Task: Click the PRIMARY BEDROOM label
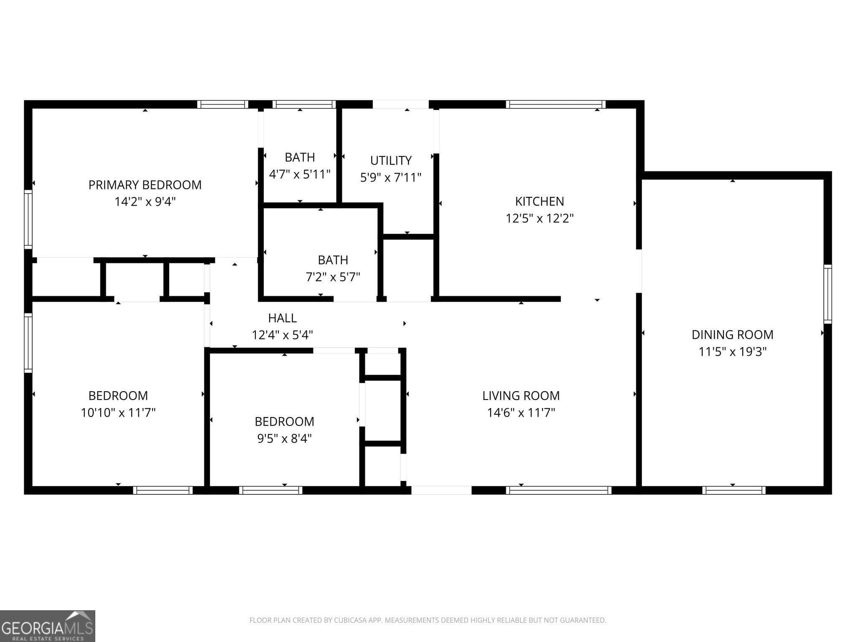145,185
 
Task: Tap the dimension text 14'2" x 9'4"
145,202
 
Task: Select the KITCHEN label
539,201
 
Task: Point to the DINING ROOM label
732,334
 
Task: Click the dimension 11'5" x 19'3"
732,352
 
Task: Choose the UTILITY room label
391,160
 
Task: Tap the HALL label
283,318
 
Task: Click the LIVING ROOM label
521,395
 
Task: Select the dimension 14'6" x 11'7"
521,413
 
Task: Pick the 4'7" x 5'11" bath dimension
300,174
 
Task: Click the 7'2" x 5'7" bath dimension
333,277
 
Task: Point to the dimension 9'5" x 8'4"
284,438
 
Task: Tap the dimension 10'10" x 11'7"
118,413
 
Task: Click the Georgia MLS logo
47,626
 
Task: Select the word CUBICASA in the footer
350,620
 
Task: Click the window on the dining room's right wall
828,294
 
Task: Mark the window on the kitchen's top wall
555,104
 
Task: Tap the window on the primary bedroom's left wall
28,219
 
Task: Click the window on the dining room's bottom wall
734,490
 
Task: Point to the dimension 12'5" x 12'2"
539,219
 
